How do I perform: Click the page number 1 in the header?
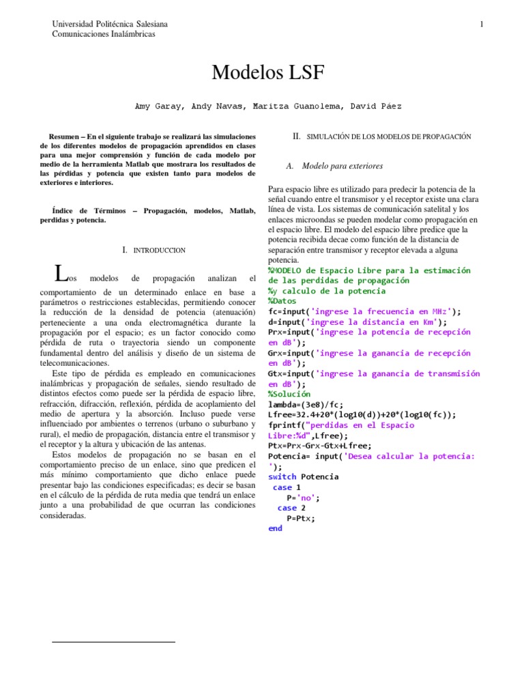click(x=482, y=25)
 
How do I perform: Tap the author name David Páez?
click(x=376, y=106)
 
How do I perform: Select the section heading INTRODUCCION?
click(x=159, y=251)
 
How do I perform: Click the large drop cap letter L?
click(x=61, y=273)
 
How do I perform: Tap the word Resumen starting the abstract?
click(x=65, y=137)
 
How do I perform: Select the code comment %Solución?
click(x=289, y=394)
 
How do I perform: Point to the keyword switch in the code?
click(x=282, y=476)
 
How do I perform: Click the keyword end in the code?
click(x=276, y=528)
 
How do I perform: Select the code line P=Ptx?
click(x=301, y=518)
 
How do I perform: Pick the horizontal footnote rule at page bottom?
click(x=114, y=642)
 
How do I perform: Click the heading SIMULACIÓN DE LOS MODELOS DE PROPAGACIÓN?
click(x=389, y=137)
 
